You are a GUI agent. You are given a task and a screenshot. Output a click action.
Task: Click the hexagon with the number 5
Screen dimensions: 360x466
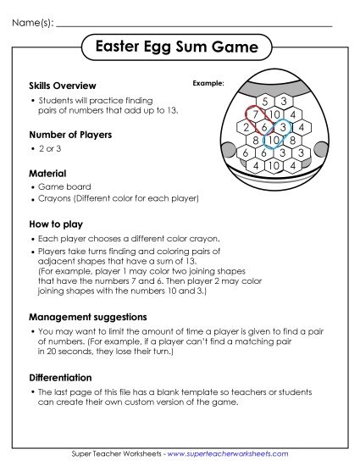[x=266, y=103]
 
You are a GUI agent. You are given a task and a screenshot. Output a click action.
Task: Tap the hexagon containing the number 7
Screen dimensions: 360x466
[x=255, y=114]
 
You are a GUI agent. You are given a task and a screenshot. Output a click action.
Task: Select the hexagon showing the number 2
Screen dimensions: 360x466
[x=246, y=127]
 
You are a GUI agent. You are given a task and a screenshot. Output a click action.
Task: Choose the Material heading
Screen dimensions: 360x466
[x=47, y=173]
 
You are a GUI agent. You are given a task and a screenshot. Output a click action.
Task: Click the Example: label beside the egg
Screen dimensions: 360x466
[x=208, y=84]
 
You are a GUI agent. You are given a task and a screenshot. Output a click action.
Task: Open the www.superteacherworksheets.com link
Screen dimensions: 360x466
[x=228, y=455]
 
